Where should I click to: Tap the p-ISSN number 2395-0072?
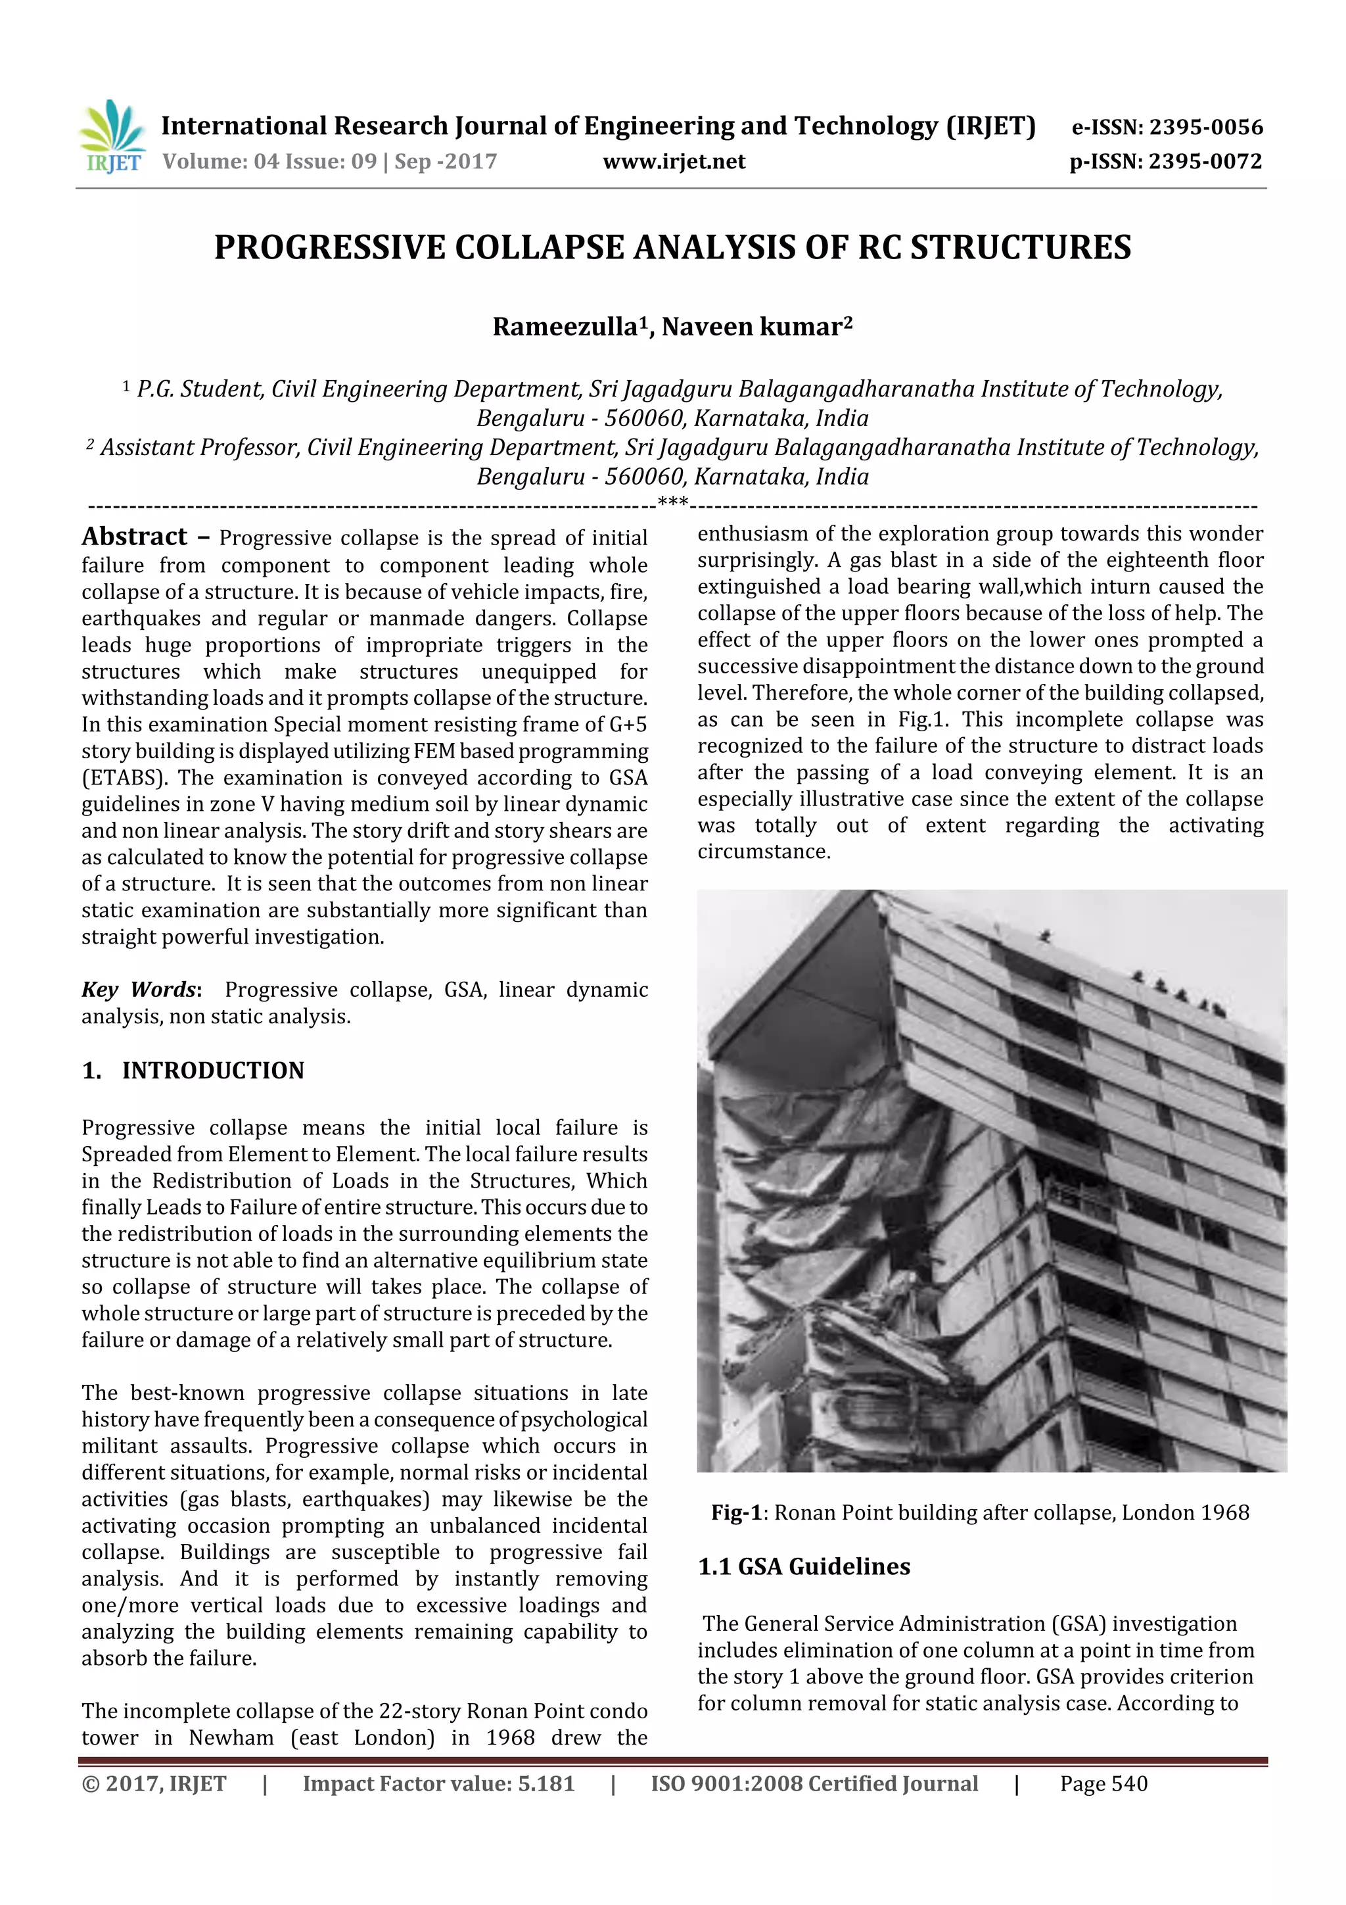(1204, 162)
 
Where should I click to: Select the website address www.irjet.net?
(674, 162)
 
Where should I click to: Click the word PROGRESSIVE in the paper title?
(329, 248)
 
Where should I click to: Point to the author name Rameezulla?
(564, 327)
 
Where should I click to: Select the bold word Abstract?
(134, 537)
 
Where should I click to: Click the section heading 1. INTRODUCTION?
(193, 1071)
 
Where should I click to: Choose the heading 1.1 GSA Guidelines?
(804, 1566)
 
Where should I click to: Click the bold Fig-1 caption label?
(735, 1512)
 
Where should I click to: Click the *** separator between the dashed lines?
(672, 501)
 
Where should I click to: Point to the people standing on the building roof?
(1178, 992)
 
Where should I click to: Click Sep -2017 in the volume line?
(446, 162)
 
